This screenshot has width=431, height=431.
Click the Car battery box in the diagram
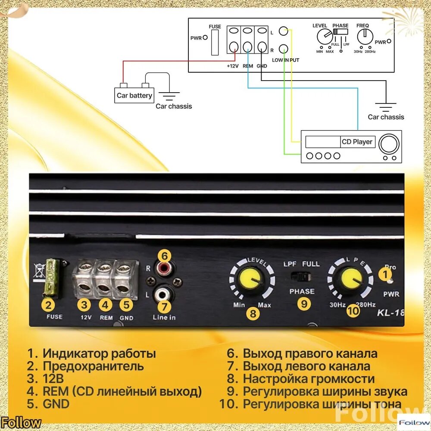click(134, 95)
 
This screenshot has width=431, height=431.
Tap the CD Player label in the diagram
click(357, 142)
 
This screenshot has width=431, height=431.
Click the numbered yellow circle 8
click(253, 314)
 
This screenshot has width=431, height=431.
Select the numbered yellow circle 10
click(353, 311)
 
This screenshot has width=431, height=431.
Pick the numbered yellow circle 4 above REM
click(105, 305)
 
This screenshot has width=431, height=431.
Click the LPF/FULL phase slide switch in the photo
click(301, 276)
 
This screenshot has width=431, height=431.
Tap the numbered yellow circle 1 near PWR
click(385, 274)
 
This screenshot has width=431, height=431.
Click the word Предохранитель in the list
click(93, 366)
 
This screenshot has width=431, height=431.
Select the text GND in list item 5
click(56, 404)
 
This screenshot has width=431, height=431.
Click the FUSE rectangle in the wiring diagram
click(215, 43)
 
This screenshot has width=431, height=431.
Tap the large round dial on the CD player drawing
click(389, 144)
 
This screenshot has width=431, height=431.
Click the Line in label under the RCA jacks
click(164, 318)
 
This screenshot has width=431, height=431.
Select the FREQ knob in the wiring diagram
click(365, 37)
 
